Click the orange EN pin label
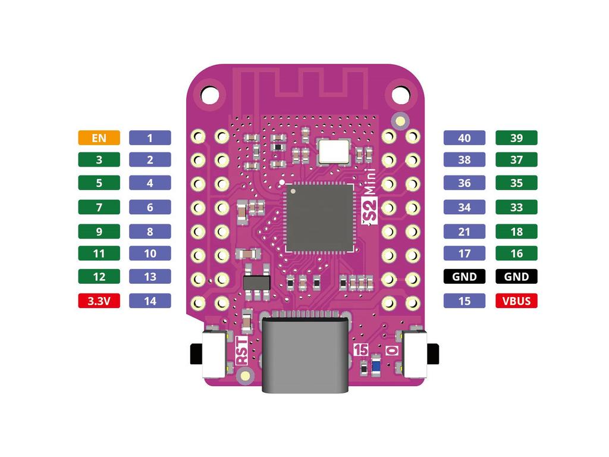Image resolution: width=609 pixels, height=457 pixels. pyautogui.click(x=99, y=138)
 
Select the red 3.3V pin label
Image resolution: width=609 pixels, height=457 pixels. pyautogui.click(x=99, y=301)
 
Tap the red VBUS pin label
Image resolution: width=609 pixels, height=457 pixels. pyautogui.click(x=516, y=301)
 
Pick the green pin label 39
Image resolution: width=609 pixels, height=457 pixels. pyautogui.click(x=516, y=138)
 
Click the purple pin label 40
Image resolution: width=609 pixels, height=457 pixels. pyautogui.click(x=464, y=138)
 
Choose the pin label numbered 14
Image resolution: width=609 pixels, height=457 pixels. pyautogui.click(x=150, y=301)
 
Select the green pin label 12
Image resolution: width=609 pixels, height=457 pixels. pyautogui.click(x=99, y=277)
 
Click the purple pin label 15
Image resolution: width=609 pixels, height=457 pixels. pyautogui.click(x=464, y=301)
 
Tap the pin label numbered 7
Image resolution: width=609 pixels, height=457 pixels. pyautogui.click(x=99, y=208)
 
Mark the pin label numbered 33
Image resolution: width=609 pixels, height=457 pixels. pyautogui.click(x=516, y=208)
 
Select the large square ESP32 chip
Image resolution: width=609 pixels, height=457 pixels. pyautogui.click(x=319, y=217)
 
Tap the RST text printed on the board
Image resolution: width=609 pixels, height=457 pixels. pyautogui.click(x=241, y=351)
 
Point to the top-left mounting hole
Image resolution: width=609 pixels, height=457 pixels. pyautogui.click(x=209, y=94)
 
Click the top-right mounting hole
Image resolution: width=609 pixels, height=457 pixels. pyautogui.click(x=401, y=94)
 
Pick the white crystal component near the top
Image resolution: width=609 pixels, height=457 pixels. pyautogui.click(x=334, y=151)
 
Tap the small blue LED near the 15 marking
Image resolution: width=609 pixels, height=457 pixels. pyautogui.click(x=376, y=365)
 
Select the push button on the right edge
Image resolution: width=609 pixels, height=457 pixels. pyautogui.click(x=419, y=355)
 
